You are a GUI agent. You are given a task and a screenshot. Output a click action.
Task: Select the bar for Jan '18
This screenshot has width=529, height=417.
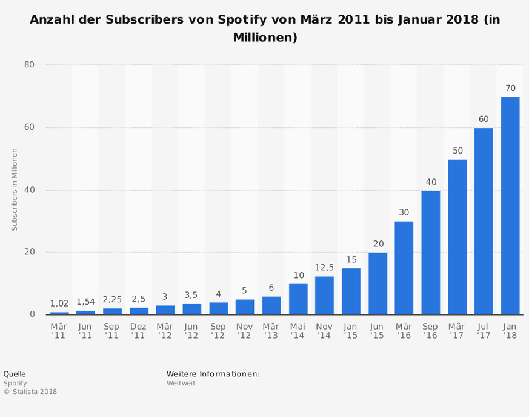click(510, 206)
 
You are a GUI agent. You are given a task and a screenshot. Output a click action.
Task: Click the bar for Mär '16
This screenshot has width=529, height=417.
click(404, 268)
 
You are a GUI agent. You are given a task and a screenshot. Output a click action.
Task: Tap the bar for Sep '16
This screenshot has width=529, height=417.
click(430, 253)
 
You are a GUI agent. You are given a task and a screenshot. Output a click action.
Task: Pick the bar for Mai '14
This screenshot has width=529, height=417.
click(298, 299)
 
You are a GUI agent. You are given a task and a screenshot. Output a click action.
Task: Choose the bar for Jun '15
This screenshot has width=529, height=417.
click(378, 283)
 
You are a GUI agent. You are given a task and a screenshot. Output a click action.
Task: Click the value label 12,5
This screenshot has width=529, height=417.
click(324, 268)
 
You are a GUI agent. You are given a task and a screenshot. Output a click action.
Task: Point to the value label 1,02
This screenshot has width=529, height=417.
click(59, 302)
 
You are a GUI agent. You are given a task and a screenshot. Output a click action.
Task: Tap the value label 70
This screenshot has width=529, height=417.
click(510, 88)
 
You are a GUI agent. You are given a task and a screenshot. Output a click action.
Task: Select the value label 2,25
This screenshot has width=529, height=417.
click(112, 299)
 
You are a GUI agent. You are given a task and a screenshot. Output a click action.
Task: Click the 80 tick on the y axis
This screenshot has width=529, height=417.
click(30, 65)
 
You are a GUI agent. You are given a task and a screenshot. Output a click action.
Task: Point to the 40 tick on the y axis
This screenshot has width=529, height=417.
click(30, 190)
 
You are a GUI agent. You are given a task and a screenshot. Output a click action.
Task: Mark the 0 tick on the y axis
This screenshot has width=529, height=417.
click(32, 314)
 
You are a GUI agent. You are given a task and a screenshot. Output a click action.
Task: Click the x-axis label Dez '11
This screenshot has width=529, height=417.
click(138, 331)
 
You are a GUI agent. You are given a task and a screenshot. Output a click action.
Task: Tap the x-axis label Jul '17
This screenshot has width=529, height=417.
click(484, 331)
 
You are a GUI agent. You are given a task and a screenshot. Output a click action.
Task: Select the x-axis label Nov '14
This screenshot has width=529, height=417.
click(324, 331)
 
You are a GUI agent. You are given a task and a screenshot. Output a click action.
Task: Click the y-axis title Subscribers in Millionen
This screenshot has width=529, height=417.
click(15, 189)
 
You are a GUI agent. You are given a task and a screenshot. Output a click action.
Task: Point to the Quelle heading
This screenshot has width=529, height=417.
click(15, 374)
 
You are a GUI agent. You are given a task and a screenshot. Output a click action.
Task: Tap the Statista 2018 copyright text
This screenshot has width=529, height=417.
click(30, 392)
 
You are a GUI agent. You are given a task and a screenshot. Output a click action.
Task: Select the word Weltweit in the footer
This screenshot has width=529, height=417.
click(181, 383)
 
